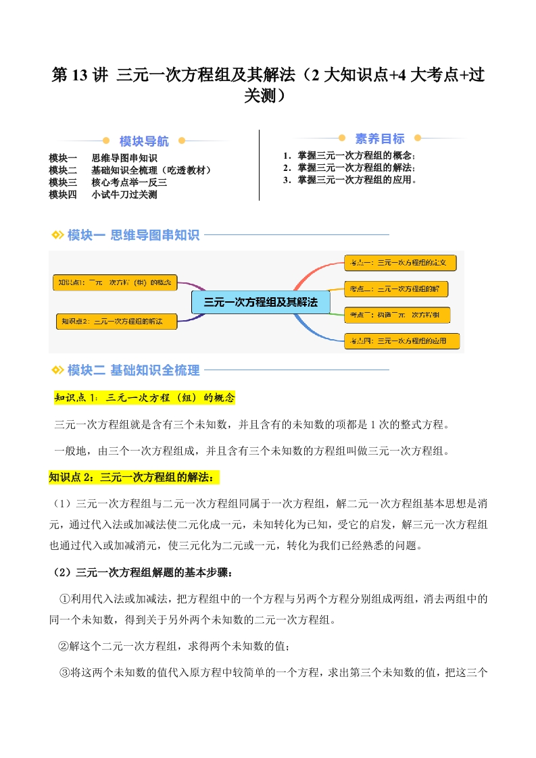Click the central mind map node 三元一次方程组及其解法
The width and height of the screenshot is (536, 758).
click(x=260, y=303)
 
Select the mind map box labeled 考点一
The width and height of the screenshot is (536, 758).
click(x=401, y=262)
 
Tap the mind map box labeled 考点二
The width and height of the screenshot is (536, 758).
click(x=396, y=289)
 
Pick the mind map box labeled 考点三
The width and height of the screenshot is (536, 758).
click(x=397, y=315)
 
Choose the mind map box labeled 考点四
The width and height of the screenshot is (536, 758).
click(x=401, y=341)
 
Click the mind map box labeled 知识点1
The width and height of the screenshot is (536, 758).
click(x=114, y=282)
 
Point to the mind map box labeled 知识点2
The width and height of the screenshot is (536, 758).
click(x=116, y=321)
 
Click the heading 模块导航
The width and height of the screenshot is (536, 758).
click(x=144, y=141)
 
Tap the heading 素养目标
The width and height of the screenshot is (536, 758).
click(x=380, y=138)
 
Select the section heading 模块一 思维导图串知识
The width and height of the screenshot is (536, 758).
click(x=133, y=235)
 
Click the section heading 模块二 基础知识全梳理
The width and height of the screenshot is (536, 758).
click(x=133, y=370)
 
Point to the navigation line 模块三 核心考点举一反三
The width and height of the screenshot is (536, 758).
click(x=108, y=182)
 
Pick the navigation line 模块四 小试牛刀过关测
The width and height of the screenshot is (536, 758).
click(x=103, y=195)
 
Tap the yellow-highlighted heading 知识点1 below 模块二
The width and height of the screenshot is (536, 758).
click(x=144, y=398)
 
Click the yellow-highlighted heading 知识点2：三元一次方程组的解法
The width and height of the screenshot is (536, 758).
click(x=134, y=478)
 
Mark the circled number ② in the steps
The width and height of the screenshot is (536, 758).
click(x=65, y=647)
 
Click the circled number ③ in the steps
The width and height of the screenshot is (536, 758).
click(x=65, y=673)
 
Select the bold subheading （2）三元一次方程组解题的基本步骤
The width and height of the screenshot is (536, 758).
click(x=143, y=573)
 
